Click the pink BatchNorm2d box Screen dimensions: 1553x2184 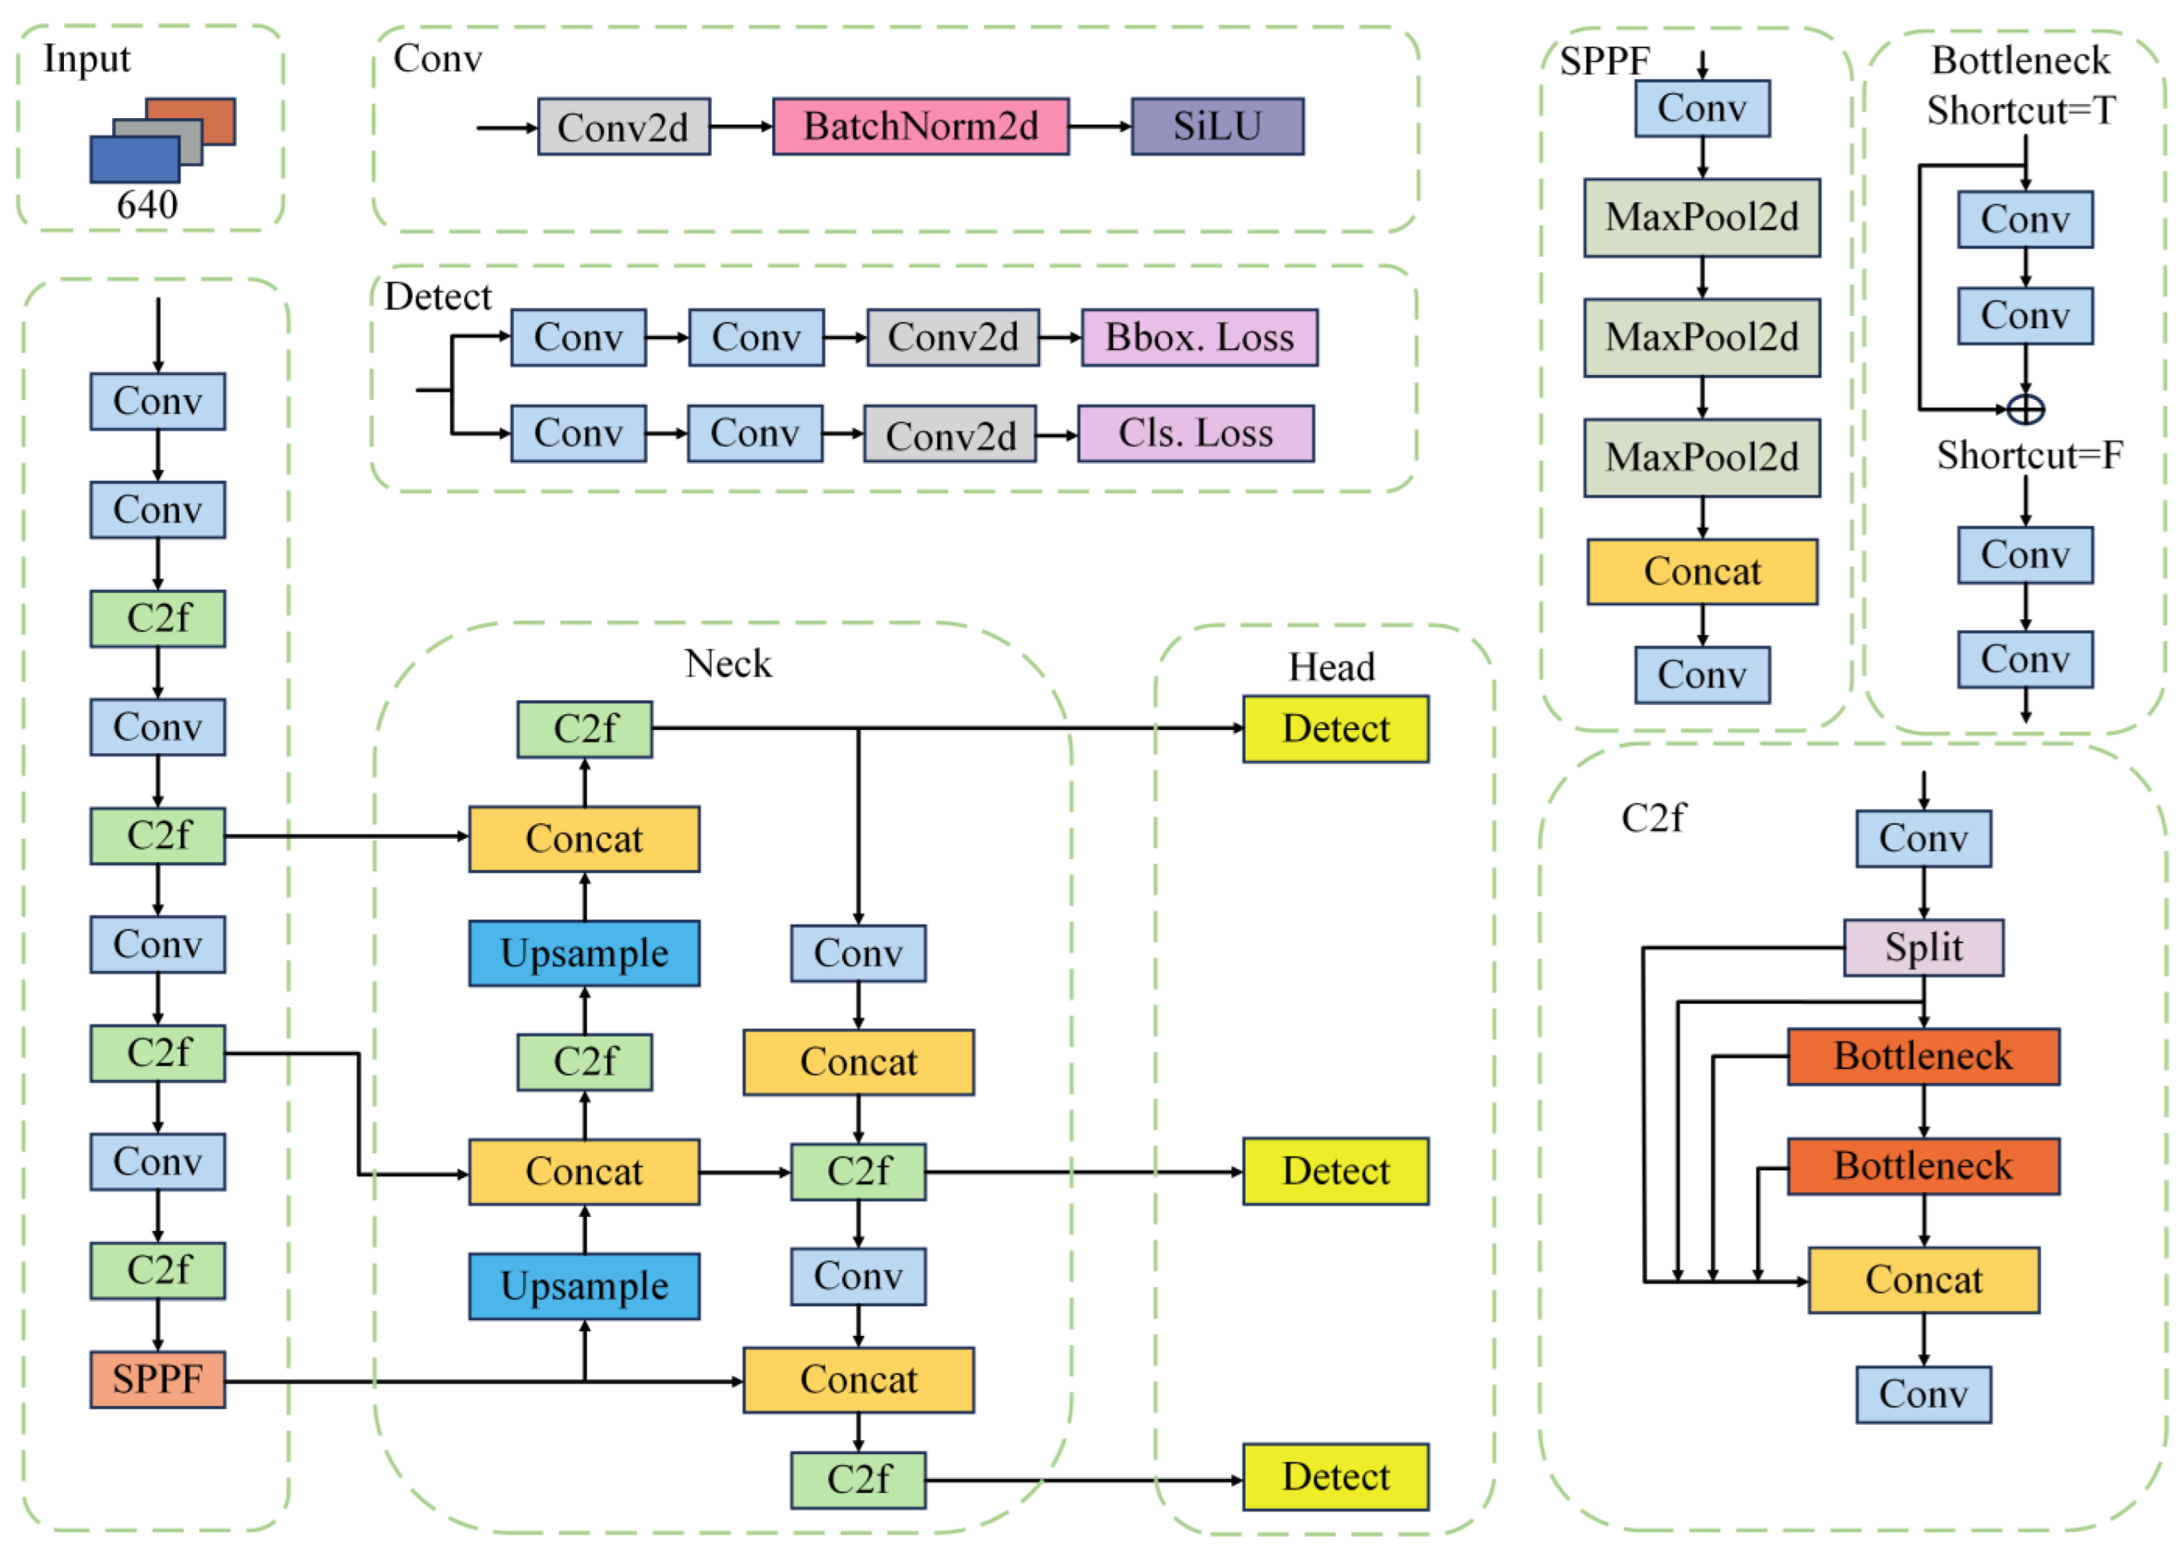pyautogui.click(x=919, y=126)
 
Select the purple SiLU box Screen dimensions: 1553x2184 pyautogui.click(x=1216, y=126)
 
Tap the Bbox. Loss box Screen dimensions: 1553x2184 pyautogui.click(x=1199, y=338)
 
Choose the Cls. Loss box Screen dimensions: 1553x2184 pyautogui.click(x=1196, y=434)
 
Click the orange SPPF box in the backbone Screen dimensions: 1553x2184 pyautogui.click(x=158, y=1379)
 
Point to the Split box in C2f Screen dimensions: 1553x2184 pyautogui.click(x=1923, y=948)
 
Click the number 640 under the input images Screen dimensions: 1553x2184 pyautogui.click(x=147, y=205)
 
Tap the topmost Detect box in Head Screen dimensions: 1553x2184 pyautogui.click(x=1335, y=728)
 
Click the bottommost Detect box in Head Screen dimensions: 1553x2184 pyautogui.click(x=1335, y=1477)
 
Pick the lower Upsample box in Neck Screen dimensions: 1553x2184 pyautogui.click(x=584, y=1286)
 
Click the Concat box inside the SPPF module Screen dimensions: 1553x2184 pyautogui.click(x=1701, y=572)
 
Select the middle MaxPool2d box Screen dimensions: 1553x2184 pyautogui.click(x=1701, y=338)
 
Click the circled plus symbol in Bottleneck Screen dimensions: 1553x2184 pyautogui.click(x=2024, y=409)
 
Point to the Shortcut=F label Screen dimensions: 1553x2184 pyautogui.click(x=2029, y=456)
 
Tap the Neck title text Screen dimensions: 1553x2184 pyautogui.click(x=727, y=663)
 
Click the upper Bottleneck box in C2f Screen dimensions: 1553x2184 pyautogui.click(x=1923, y=1057)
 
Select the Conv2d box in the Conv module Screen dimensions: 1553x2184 pyautogui.click(x=624, y=126)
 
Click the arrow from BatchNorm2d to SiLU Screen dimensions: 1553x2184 pyautogui.click(x=1100, y=126)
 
